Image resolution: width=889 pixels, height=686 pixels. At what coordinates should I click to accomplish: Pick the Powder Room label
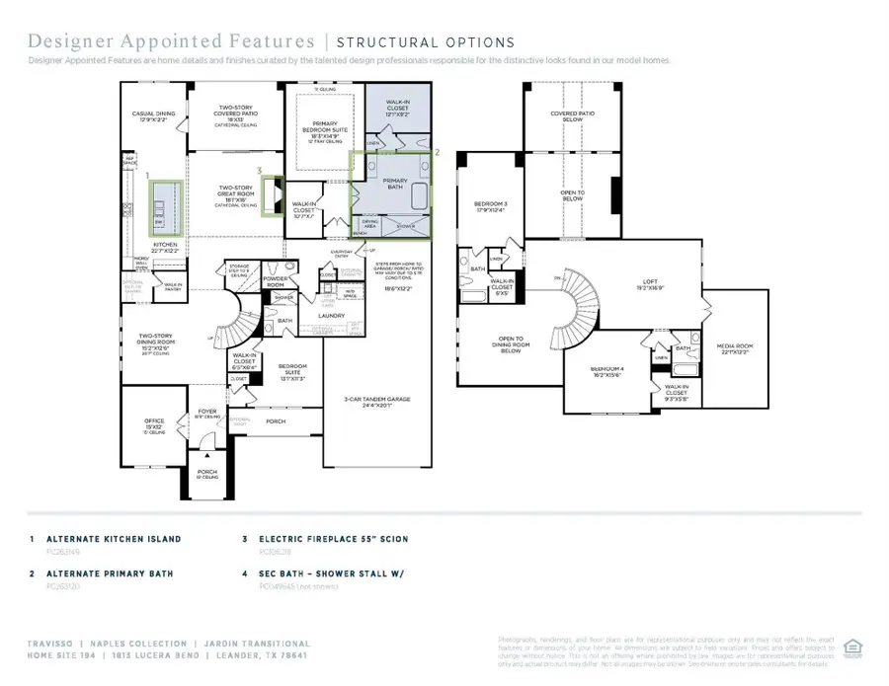pyautogui.click(x=275, y=281)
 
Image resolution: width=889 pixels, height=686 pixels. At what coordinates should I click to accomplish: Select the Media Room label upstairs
pyautogui.click(x=738, y=346)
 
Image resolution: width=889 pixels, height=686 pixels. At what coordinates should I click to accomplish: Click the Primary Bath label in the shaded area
pyautogui.click(x=395, y=184)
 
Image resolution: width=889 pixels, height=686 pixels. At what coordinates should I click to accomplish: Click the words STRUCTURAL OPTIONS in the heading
pyautogui.click(x=425, y=42)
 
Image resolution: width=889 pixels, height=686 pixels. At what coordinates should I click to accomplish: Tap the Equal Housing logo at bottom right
pyautogui.click(x=854, y=648)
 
